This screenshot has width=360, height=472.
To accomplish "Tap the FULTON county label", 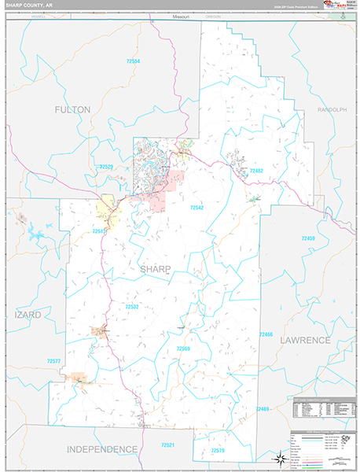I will (x=72, y=109).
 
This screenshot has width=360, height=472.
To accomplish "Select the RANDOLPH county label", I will (x=331, y=109).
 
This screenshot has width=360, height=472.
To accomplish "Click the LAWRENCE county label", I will (x=304, y=339).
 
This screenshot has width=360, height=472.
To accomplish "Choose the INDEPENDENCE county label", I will (x=101, y=448).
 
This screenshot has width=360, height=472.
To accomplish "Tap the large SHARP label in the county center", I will (x=154, y=269).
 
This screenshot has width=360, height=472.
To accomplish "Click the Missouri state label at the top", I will (x=182, y=17).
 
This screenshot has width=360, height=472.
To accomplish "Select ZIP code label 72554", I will (x=132, y=61).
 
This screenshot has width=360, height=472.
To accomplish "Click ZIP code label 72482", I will (x=256, y=171).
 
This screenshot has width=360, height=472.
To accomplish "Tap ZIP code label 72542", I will (x=197, y=207).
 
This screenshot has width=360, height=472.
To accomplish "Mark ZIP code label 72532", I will (x=132, y=306).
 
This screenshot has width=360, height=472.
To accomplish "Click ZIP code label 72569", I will (x=183, y=347).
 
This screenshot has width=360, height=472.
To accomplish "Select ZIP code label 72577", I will (x=53, y=360).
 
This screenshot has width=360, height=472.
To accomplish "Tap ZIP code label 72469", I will (x=263, y=408).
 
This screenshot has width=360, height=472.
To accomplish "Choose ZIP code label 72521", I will (x=167, y=444).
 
